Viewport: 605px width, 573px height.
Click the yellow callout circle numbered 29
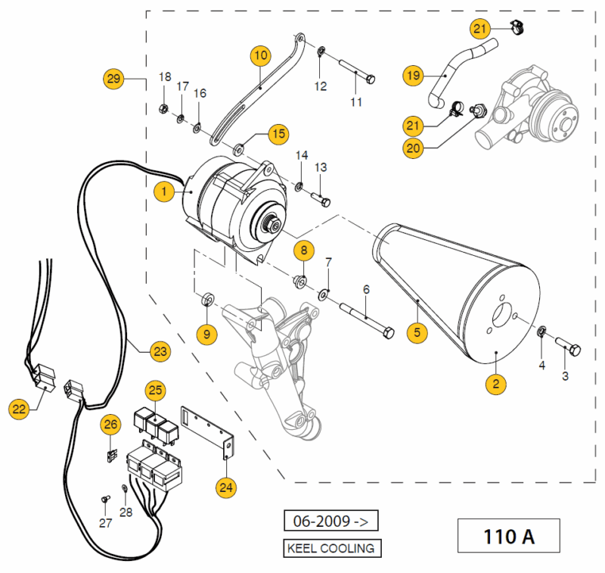pos(113,79)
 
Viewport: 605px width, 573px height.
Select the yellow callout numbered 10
pos(261,55)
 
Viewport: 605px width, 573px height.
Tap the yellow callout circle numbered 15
pos(278,134)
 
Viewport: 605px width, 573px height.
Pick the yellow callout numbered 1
pos(164,192)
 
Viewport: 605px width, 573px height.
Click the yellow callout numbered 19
pos(413,75)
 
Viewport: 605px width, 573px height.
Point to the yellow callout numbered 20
pos(413,148)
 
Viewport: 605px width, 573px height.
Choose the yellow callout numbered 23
pos(160,351)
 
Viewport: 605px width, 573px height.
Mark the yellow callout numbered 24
pos(226,487)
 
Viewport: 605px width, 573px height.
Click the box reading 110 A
pos(508,536)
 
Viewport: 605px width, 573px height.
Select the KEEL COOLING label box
pos(332,548)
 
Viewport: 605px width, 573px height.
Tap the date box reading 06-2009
pos(330,521)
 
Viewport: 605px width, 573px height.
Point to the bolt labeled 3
pos(568,347)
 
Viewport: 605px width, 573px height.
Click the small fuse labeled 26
pos(111,456)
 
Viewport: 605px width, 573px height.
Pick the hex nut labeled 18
pos(163,109)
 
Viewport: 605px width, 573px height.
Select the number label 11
pos(356,102)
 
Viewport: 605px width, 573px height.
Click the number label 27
pos(105,523)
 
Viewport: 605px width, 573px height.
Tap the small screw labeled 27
pos(105,499)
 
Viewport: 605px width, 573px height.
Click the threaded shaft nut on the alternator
pos(271,226)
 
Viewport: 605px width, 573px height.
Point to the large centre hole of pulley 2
pos(503,315)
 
